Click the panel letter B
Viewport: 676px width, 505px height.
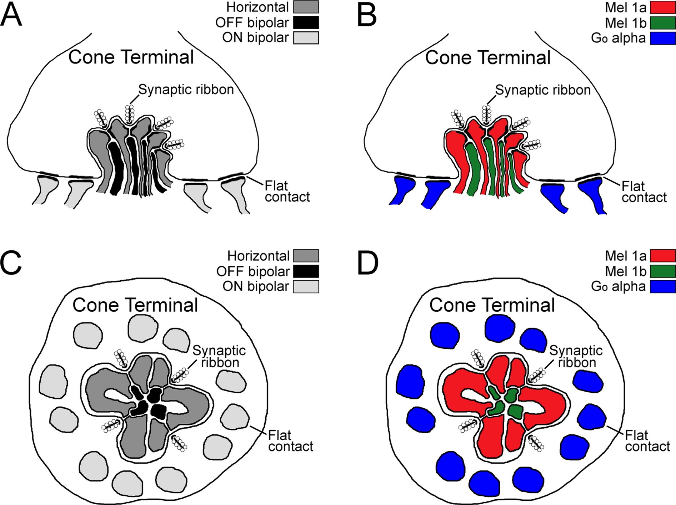[367, 15]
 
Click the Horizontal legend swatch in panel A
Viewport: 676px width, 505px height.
[306, 7]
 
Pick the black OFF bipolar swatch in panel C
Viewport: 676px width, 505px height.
[306, 271]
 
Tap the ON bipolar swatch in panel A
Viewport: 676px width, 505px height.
[306, 37]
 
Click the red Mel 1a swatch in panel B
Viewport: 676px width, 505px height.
[663, 7]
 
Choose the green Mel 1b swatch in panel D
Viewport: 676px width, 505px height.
[663, 271]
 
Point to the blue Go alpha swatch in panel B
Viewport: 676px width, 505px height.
[663, 38]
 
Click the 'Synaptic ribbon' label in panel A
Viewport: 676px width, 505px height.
[186, 90]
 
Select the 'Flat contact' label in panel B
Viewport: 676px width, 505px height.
[644, 192]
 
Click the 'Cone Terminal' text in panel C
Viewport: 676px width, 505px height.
[135, 305]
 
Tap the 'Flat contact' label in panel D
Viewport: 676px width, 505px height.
[647, 441]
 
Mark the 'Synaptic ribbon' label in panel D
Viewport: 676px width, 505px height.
[576, 357]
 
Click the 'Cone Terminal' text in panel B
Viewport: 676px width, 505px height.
[488, 57]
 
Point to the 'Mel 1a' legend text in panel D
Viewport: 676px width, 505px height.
[626, 256]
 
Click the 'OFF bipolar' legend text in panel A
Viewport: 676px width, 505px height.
[252, 23]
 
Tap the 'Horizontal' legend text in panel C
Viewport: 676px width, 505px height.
[258, 256]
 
